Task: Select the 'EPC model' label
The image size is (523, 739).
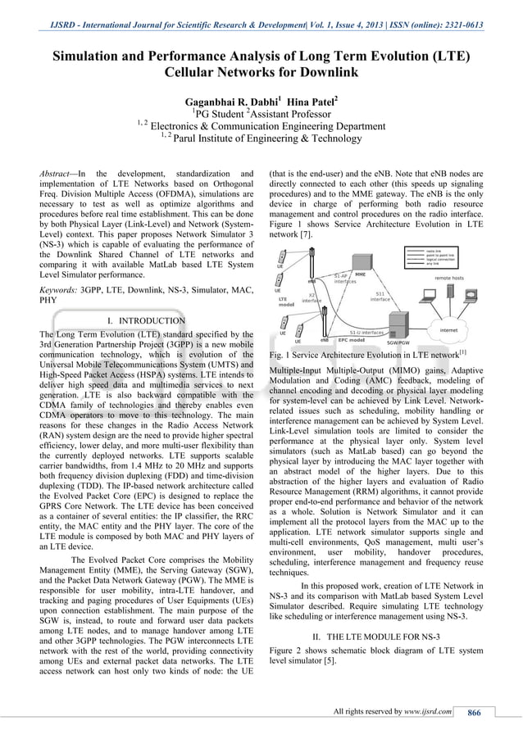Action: (x=351, y=339)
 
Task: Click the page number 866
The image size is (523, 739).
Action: (x=473, y=711)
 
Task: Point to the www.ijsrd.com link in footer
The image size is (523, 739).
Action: (x=426, y=711)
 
